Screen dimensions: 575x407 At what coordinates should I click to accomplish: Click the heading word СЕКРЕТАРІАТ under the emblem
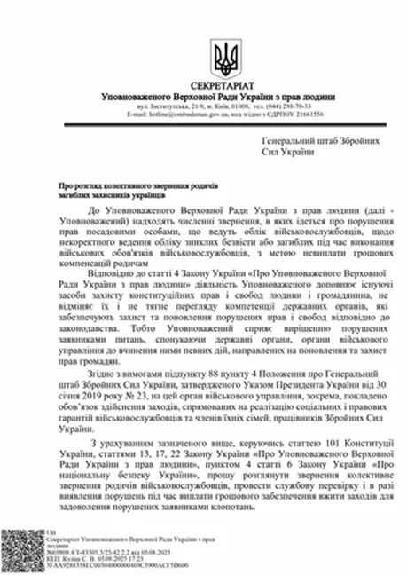(225, 83)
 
